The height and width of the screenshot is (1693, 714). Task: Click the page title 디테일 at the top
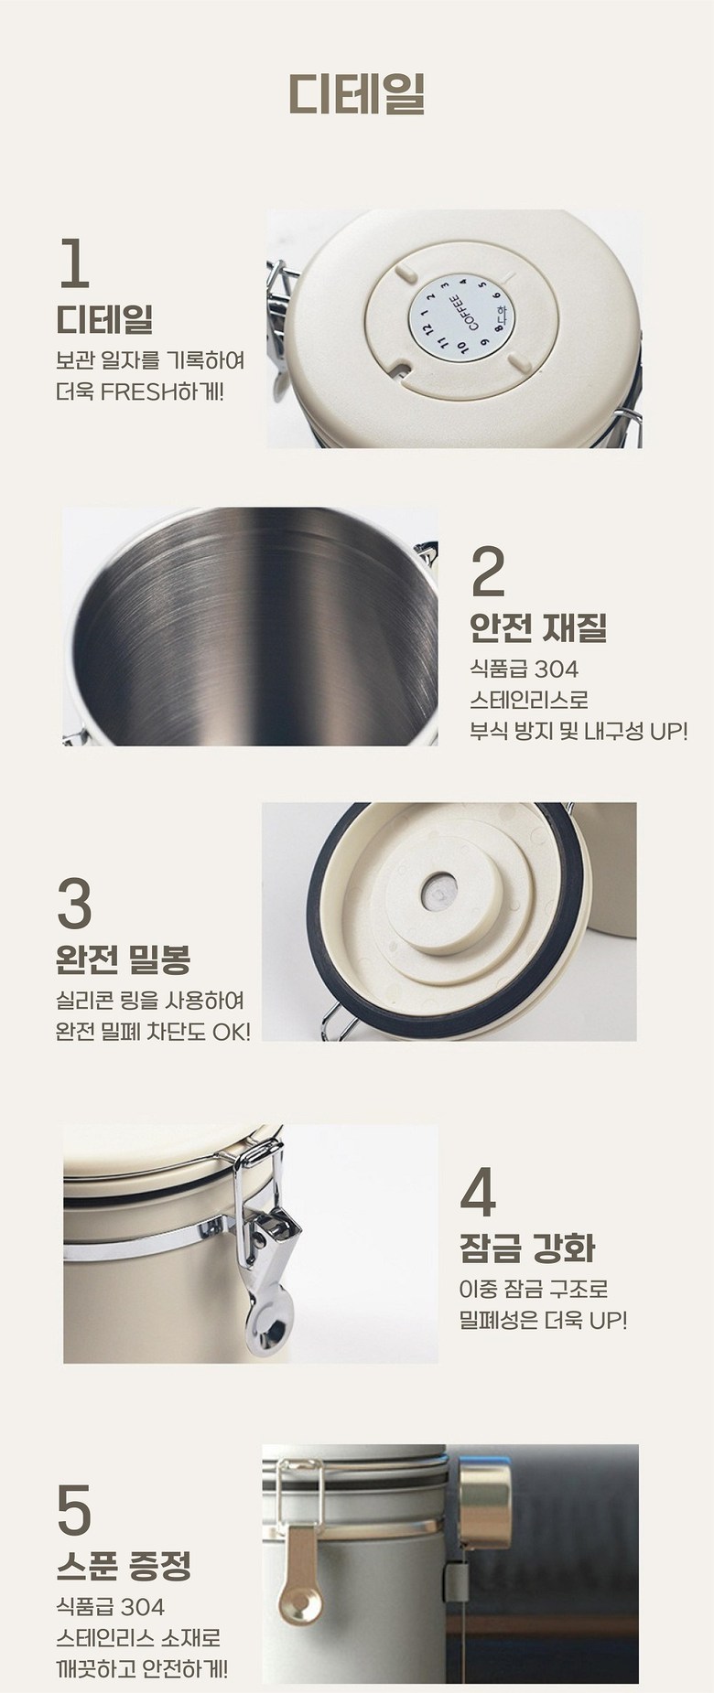[357, 92]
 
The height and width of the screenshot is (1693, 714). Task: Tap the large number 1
[75, 263]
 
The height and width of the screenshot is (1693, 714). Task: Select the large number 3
[74, 903]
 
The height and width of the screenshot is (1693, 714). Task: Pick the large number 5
[74, 1511]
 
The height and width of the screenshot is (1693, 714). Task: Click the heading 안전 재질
[538, 627]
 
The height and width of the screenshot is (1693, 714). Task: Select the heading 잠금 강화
[527, 1248]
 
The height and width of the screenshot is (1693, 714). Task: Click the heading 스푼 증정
[124, 1568]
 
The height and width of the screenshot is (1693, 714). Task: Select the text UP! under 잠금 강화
[607, 1321]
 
